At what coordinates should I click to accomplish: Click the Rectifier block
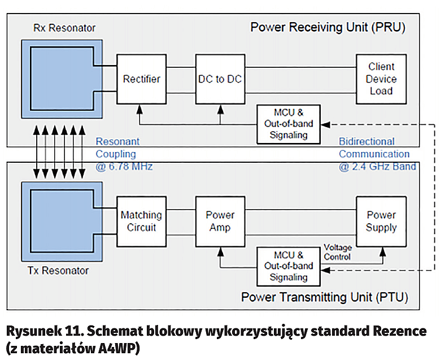pyautogui.click(x=141, y=79)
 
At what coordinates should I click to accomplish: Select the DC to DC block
pyautogui.click(x=220, y=79)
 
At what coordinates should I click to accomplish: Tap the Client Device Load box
pyautogui.click(x=381, y=79)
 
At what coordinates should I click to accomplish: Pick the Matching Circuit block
pyautogui.click(x=141, y=221)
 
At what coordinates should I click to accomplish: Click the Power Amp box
pyautogui.click(x=220, y=221)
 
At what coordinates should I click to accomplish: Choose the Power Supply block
pyautogui.click(x=381, y=221)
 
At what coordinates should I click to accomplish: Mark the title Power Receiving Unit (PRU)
pyautogui.click(x=328, y=27)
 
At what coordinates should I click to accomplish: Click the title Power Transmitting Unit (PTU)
pyautogui.click(x=325, y=297)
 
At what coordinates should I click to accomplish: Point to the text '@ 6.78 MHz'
pyautogui.click(x=124, y=166)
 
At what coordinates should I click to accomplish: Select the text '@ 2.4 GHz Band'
pyautogui.click(x=377, y=166)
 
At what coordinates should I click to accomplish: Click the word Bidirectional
pyautogui.click(x=369, y=141)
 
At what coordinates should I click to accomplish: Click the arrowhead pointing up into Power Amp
pyautogui.click(x=220, y=249)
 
